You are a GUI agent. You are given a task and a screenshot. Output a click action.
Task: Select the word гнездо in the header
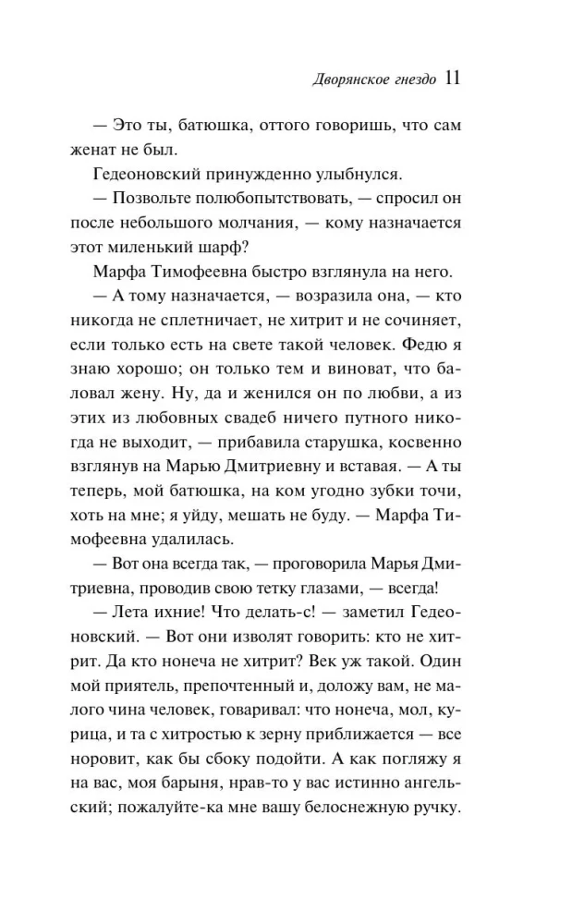(x=406, y=80)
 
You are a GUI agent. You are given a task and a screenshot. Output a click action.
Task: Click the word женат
(x=95, y=149)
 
